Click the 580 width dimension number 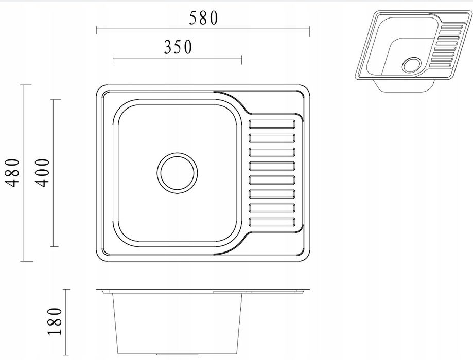(x=203, y=18)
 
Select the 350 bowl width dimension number (x=178, y=47)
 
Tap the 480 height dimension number (x=13, y=173)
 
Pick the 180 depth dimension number (x=55, y=321)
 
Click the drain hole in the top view (x=178, y=173)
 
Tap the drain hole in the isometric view (x=412, y=65)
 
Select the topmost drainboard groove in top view (x=272, y=124)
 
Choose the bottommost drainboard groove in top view (x=272, y=222)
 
